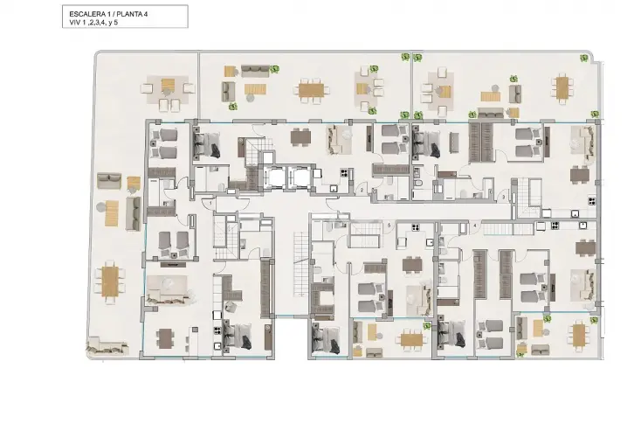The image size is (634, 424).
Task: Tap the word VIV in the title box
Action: (x=75, y=23)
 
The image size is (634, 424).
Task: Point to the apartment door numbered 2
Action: (x=362, y=190)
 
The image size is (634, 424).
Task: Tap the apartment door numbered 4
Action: (x=475, y=226)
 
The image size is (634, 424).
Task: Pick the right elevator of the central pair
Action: (x=297, y=177)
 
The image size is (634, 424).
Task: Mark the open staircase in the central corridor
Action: (x=300, y=264)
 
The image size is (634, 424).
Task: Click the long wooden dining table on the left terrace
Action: (x=110, y=282)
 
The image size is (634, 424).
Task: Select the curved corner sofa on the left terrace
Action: (x=107, y=347)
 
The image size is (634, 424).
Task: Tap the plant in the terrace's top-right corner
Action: (x=584, y=58)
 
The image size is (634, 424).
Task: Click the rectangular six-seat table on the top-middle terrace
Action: (x=312, y=90)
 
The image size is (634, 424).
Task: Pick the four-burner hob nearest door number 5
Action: (x=415, y=227)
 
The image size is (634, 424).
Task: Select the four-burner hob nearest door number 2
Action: (x=344, y=173)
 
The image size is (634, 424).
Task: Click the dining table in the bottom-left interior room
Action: (x=165, y=338)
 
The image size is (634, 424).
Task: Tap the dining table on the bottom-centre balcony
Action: (x=411, y=339)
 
